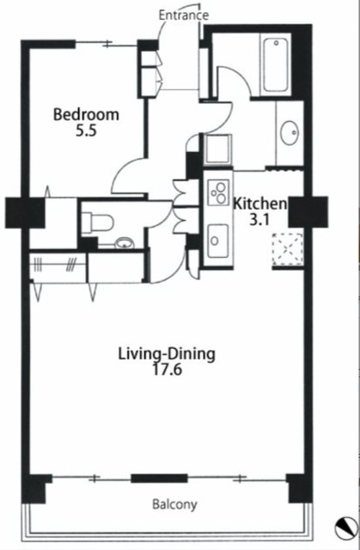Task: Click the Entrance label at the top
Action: [184, 15]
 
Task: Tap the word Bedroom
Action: [86, 114]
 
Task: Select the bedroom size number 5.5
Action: [86, 131]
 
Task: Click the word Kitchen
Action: [260, 204]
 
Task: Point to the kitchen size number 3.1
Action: [259, 220]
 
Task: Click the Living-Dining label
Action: [167, 354]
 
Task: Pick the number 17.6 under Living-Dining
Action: [167, 370]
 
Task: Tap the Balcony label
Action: [174, 504]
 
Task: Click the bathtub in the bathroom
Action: [276, 65]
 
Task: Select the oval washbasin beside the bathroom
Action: [290, 132]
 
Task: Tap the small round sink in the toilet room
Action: [125, 242]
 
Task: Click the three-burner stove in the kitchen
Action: [218, 192]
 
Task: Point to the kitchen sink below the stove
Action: [217, 241]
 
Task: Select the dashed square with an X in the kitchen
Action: [288, 249]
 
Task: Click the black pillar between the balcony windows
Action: [159, 479]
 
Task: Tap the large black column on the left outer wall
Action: [25, 213]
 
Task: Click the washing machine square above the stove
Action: [218, 149]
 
